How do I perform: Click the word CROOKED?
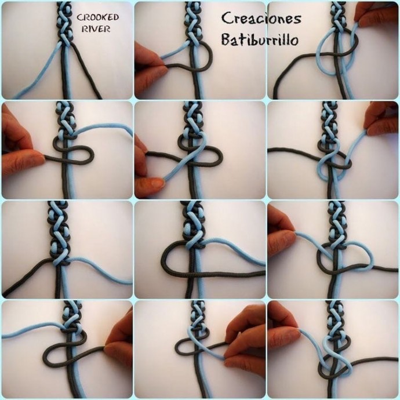click(x=98, y=17)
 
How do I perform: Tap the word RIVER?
click(x=96, y=29)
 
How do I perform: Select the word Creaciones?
click(x=261, y=19)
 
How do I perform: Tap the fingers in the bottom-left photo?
click(x=120, y=339)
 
